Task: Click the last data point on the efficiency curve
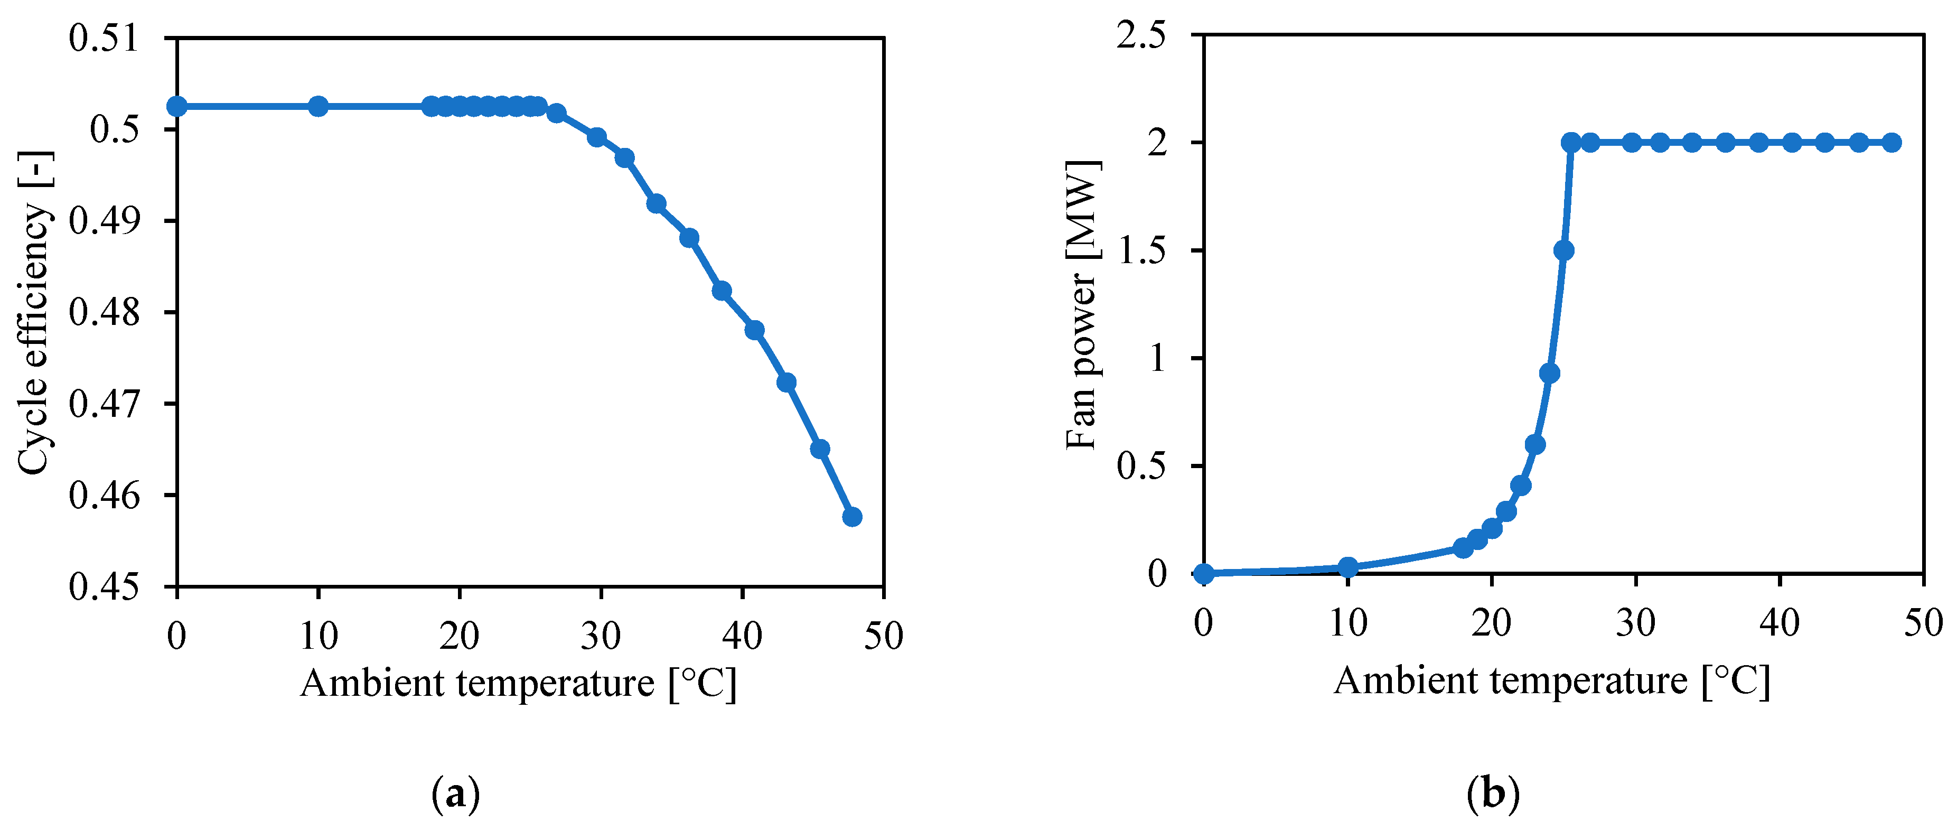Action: point(851,517)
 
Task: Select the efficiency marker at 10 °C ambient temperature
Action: point(319,106)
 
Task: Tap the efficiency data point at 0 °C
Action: point(177,106)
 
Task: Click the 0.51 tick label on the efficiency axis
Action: point(104,38)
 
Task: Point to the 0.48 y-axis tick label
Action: point(104,312)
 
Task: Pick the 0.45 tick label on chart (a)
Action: point(104,587)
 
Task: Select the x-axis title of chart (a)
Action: point(518,683)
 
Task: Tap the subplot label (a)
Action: point(456,795)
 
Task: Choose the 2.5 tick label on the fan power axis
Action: point(1141,36)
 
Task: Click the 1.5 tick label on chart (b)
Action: point(1141,251)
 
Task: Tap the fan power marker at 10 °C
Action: point(1348,567)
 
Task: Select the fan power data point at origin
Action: point(1204,573)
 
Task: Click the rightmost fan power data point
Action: point(1892,143)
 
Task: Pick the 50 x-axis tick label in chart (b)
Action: point(1923,624)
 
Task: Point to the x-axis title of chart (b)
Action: point(1551,681)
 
